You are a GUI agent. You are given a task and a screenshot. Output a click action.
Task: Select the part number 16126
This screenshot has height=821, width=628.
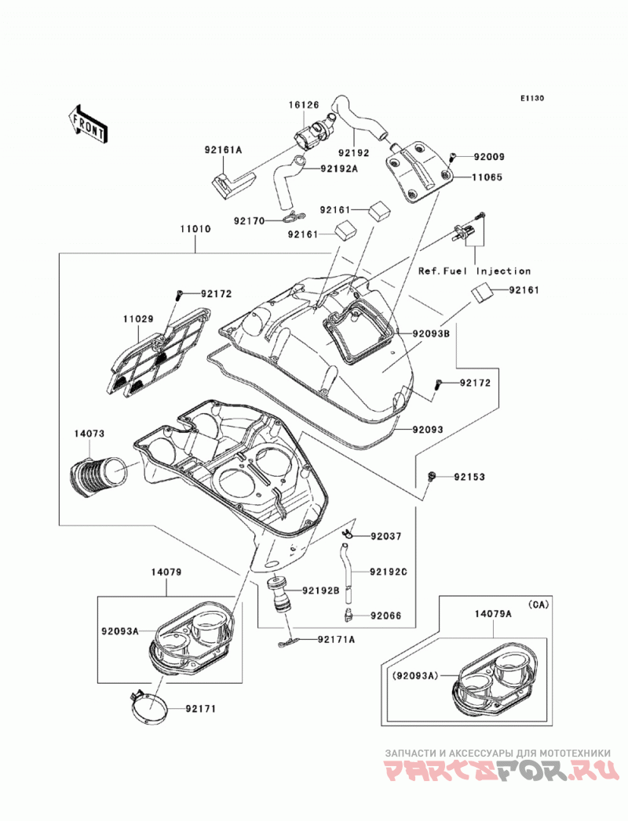click(304, 105)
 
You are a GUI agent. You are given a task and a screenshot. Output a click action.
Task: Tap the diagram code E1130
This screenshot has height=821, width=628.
click(532, 98)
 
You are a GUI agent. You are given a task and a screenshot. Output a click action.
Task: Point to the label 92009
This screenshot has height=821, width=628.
click(489, 157)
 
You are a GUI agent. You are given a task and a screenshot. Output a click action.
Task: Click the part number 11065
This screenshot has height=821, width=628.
click(487, 177)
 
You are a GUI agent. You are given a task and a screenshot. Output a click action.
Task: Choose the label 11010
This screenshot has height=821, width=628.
click(195, 229)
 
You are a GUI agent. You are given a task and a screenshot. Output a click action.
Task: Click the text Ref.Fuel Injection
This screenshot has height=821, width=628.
click(474, 271)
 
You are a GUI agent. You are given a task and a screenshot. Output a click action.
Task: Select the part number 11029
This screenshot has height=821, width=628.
click(138, 318)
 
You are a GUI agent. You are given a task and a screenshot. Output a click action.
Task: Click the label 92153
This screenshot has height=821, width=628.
click(469, 477)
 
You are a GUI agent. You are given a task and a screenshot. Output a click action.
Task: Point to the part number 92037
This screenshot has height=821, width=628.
click(385, 536)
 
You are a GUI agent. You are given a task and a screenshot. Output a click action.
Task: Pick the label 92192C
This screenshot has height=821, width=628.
click(389, 572)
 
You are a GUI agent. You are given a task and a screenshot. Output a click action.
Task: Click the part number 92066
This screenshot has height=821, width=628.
click(385, 616)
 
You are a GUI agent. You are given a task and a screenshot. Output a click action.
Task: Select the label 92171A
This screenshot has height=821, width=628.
click(336, 639)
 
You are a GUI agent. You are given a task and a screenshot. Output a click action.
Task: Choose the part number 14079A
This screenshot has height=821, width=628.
click(493, 614)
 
